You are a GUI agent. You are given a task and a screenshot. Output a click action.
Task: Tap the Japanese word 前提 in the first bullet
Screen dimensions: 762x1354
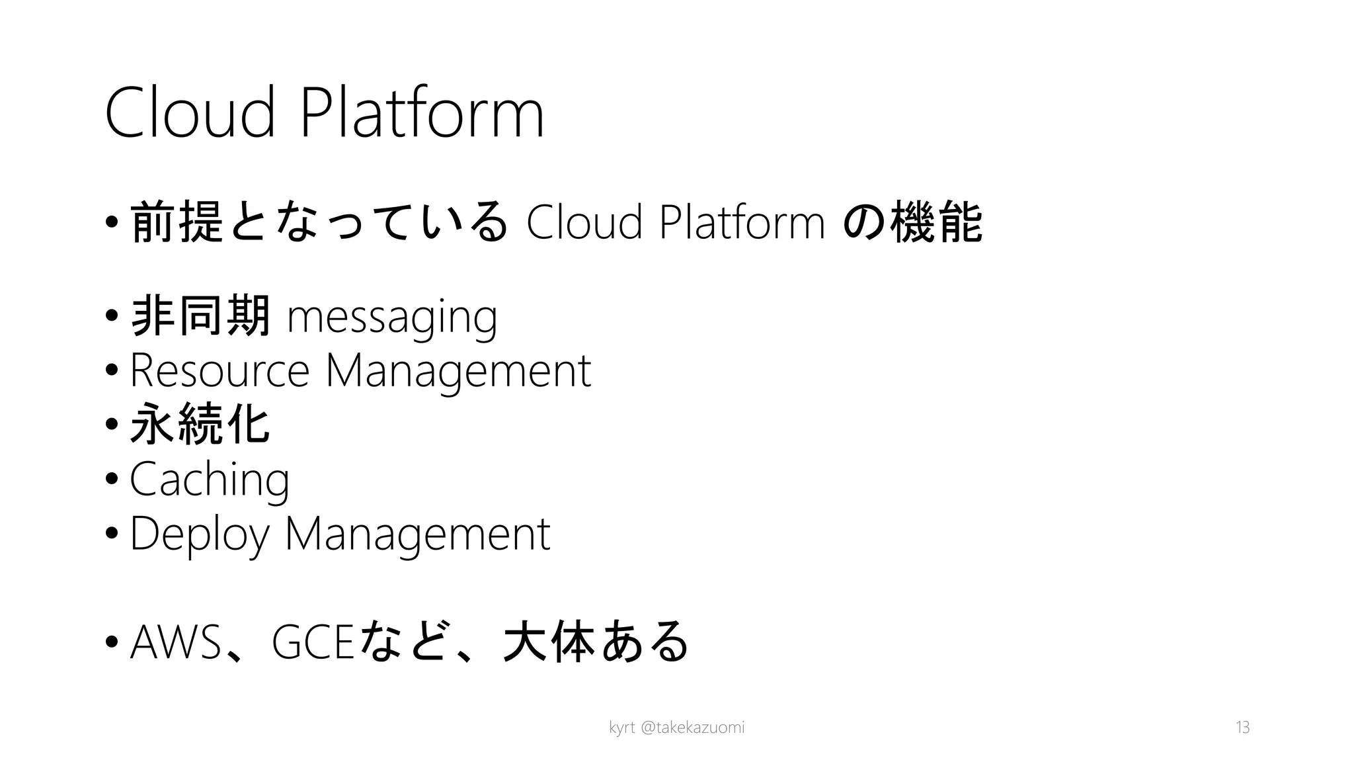[177, 222]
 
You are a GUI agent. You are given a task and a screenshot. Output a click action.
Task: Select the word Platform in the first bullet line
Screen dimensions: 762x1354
[742, 222]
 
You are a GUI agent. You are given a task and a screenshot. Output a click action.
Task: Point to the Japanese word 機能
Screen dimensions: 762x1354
[936, 222]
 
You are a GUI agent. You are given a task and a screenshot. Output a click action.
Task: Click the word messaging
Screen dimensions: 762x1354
[392, 317]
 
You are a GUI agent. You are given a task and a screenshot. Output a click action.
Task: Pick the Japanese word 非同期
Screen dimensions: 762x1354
[201, 316]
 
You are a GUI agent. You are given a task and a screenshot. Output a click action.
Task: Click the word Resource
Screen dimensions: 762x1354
[219, 370]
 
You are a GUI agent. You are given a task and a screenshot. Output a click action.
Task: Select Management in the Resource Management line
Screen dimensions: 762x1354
[458, 372]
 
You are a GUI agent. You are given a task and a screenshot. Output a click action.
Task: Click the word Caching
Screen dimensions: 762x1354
[210, 480]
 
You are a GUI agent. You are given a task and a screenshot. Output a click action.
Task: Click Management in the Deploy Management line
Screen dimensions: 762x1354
[417, 534]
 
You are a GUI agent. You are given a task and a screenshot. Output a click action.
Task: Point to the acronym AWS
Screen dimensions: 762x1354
[176, 642]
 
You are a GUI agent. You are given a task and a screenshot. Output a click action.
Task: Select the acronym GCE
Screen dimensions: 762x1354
[313, 642]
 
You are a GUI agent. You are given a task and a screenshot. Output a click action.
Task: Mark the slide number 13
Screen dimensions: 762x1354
[1242, 728]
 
